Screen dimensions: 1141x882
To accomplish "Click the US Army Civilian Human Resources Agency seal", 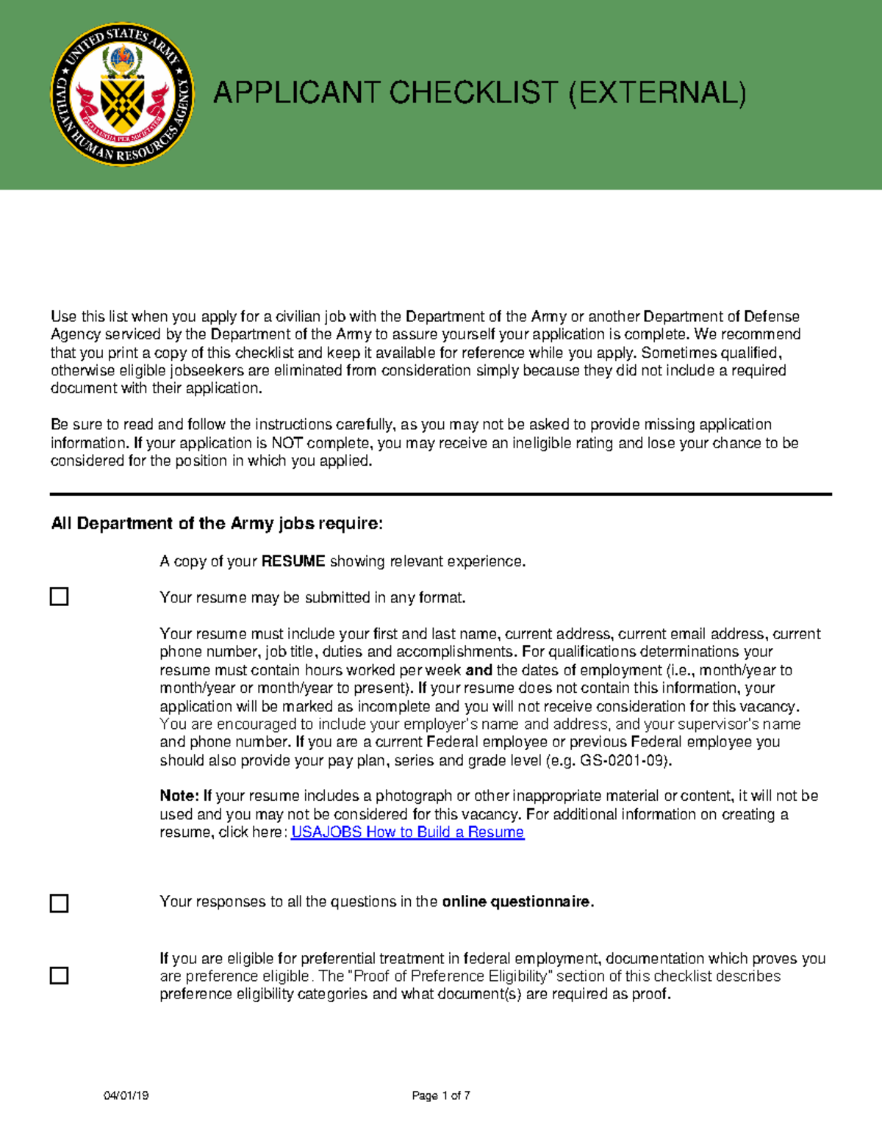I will click(122, 94).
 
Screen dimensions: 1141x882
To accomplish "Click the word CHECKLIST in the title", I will click(474, 93).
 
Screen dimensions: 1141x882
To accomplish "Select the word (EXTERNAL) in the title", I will click(658, 93).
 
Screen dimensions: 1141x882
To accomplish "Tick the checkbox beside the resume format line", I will click(59, 597).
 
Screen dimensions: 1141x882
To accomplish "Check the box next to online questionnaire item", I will click(59, 903).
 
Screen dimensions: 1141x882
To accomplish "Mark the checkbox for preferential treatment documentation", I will click(59, 976).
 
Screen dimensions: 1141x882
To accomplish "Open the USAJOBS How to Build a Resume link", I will click(407, 832).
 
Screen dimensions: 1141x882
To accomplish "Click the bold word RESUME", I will click(293, 561).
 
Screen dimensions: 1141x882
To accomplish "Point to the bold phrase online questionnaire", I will click(517, 902).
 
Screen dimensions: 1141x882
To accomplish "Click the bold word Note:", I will click(179, 796).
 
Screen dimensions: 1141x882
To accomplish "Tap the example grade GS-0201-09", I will click(623, 761).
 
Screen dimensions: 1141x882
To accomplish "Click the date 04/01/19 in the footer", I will click(126, 1095).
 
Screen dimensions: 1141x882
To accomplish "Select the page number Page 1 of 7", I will click(441, 1095).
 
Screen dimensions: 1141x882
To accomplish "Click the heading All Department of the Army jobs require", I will click(217, 524).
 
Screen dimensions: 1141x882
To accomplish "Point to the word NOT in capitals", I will click(287, 443).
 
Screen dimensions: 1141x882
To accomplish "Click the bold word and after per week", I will click(478, 670).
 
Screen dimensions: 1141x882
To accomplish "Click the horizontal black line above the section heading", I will click(441, 494).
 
